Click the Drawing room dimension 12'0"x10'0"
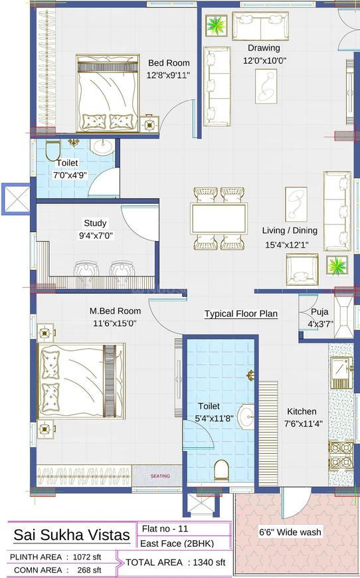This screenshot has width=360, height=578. click(264, 60)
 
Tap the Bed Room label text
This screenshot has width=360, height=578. click(169, 63)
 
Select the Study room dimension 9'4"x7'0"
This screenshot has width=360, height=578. click(95, 235)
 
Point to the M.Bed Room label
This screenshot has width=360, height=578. click(115, 311)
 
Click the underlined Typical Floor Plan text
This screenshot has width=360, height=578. click(240, 314)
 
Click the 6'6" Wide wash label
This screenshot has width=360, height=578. click(290, 531)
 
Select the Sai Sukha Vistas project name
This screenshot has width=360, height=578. click(72, 535)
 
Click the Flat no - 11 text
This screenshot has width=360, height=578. click(165, 529)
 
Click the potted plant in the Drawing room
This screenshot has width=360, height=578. click(216, 27)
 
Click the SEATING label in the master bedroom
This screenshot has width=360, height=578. click(159, 476)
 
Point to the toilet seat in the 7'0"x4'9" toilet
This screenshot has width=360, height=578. click(52, 152)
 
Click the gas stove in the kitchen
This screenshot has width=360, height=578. click(339, 454)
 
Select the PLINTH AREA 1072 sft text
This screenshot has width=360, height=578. click(56, 557)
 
